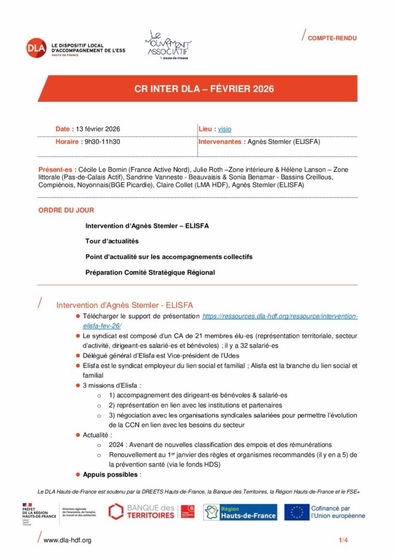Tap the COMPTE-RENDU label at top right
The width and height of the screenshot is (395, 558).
(332, 38)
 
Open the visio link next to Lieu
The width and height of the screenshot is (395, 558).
(224, 129)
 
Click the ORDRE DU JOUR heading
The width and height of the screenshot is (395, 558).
(66, 210)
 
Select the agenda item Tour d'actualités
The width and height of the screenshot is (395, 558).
(112, 241)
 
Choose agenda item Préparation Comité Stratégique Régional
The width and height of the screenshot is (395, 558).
(150, 272)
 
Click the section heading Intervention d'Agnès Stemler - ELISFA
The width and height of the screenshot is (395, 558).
(124, 305)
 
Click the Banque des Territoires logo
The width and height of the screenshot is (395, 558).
(151, 511)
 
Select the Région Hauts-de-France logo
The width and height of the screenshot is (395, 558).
(240, 512)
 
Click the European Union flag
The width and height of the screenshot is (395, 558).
(297, 512)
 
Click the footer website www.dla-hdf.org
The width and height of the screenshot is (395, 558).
(67, 540)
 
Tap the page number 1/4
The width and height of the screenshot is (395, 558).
(343, 540)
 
